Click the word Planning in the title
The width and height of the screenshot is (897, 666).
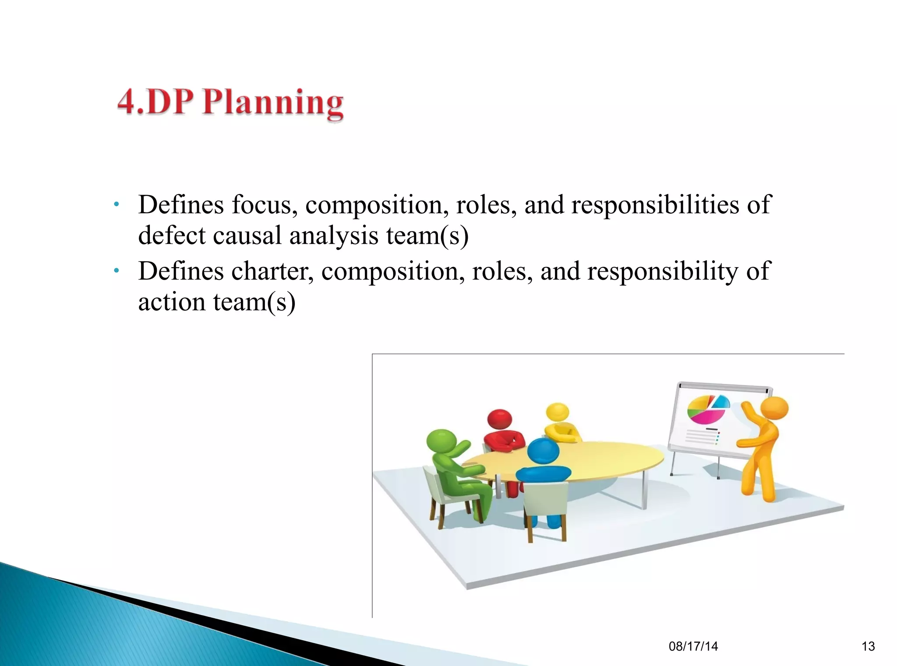tap(273, 103)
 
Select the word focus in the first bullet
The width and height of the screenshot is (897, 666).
tap(265, 205)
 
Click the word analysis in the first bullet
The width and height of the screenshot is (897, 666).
tap(333, 237)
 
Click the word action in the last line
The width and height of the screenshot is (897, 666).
tap(172, 302)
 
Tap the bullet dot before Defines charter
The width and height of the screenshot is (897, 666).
tap(116, 271)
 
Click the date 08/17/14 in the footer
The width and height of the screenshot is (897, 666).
tap(693, 646)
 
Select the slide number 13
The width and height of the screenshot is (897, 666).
tap(868, 646)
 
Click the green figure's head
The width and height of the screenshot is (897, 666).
tap(441, 441)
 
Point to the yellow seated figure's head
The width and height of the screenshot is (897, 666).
tap(557, 412)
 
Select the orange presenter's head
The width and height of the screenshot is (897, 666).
tap(774, 408)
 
